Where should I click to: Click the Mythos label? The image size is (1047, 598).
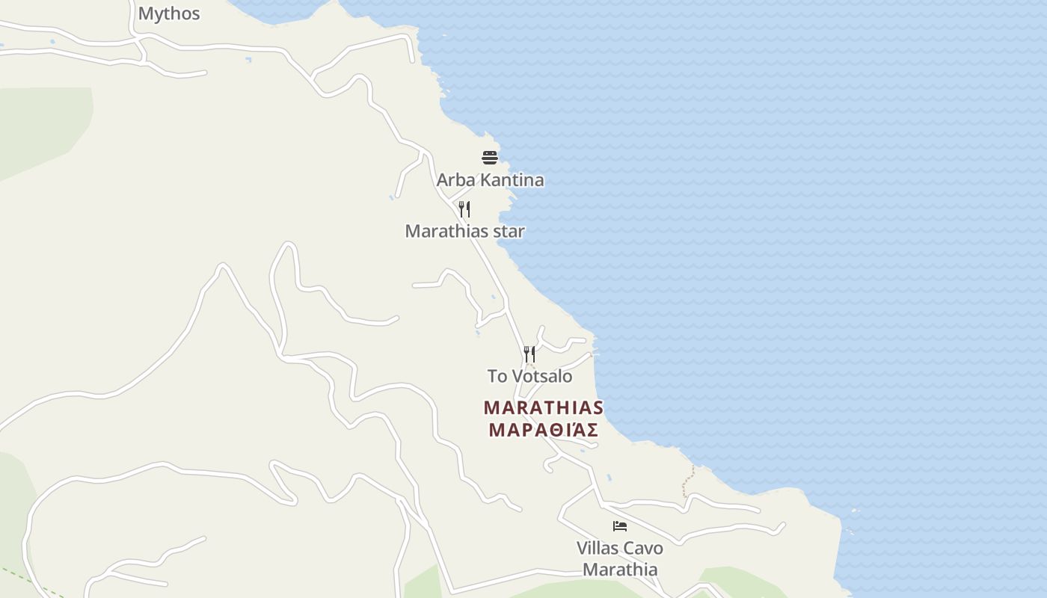click(169, 13)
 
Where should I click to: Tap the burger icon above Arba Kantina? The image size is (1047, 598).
click(490, 157)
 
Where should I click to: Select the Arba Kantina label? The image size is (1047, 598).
click(490, 180)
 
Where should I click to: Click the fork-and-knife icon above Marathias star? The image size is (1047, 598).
click(464, 209)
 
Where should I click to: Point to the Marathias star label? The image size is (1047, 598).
click(464, 231)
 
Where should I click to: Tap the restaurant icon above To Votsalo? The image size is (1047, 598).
click(529, 354)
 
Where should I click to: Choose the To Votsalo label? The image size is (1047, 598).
click(529, 376)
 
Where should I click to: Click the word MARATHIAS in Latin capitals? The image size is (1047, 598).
click(543, 408)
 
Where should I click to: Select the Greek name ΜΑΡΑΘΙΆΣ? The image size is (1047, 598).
click(543, 430)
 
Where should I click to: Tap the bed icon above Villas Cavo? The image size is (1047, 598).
click(619, 526)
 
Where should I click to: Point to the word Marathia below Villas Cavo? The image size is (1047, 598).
click(620, 570)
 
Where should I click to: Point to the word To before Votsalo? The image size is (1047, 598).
click(497, 376)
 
